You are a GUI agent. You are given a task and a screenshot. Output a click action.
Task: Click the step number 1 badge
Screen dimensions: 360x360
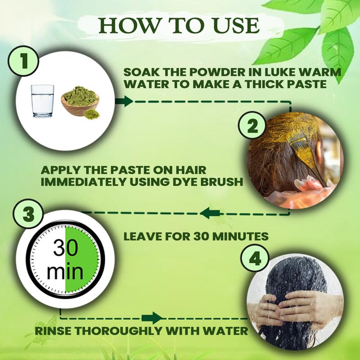pos(23,61)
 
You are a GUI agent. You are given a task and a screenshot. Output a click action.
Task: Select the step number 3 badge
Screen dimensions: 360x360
pos(28,214)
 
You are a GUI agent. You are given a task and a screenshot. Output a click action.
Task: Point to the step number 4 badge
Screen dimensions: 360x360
pos(255,258)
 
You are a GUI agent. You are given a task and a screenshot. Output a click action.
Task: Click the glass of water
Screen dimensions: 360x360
pos(42,101)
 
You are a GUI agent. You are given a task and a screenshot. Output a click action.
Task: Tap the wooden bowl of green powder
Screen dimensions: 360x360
pos(80,101)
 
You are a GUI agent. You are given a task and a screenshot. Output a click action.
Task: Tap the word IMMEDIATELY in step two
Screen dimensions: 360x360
pos(84,182)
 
